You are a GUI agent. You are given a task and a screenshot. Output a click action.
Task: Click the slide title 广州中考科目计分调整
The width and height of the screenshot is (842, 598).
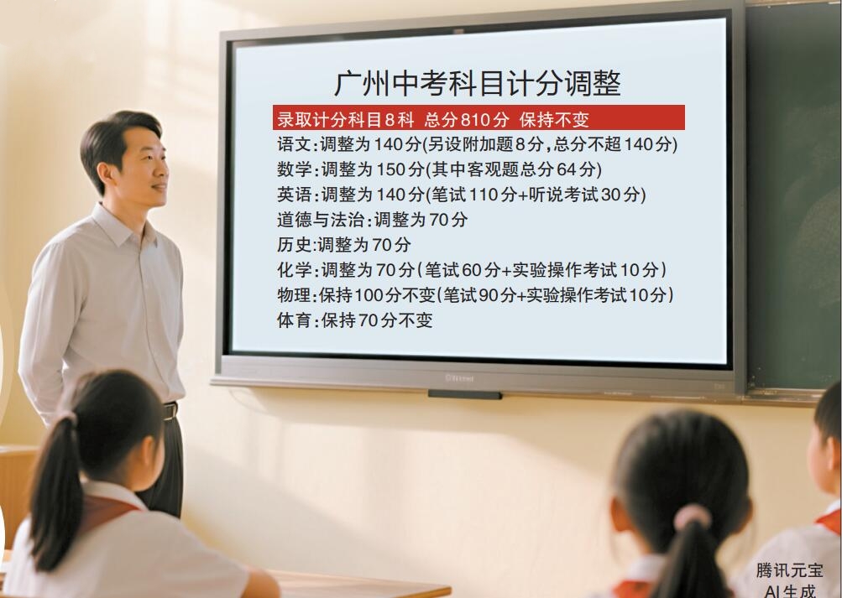(478, 83)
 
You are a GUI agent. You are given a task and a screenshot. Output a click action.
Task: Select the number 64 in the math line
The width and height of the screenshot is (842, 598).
(567, 169)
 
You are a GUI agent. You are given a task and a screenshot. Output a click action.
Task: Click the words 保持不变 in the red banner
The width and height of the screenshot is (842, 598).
(553, 119)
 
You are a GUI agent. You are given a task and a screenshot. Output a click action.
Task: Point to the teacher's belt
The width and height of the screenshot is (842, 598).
(170, 411)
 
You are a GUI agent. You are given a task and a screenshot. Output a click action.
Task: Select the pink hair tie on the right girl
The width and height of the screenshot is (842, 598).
(693, 517)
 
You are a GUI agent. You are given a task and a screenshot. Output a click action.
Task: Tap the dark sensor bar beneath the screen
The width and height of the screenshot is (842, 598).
(465, 395)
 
